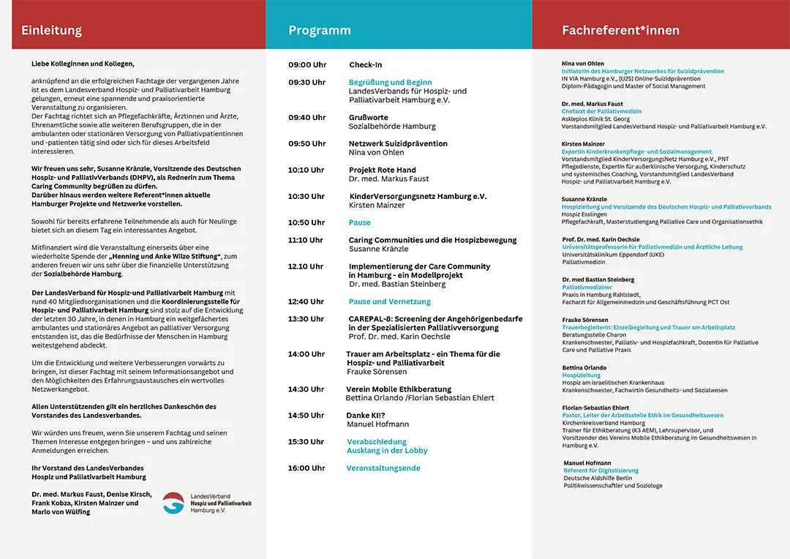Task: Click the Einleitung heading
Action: pyautogui.click(x=51, y=31)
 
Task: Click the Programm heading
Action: pyautogui.click(x=320, y=31)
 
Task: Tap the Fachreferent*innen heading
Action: pyautogui.click(x=620, y=31)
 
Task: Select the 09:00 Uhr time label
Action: pyautogui.click(x=306, y=65)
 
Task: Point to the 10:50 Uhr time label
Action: pyautogui.click(x=306, y=222)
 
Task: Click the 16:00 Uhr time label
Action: pyautogui.click(x=306, y=468)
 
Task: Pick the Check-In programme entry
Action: pyautogui.click(x=366, y=65)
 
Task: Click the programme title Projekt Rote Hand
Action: pyautogui.click(x=383, y=170)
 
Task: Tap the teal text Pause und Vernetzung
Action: pyautogui.click(x=390, y=301)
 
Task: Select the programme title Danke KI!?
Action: pyautogui.click(x=366, y=416)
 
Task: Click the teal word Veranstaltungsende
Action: pyautogui.click(x=383, y=468)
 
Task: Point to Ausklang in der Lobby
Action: pyautogui.click(x=387, y=451)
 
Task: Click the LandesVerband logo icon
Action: pyautogui.click(x=173, y=503)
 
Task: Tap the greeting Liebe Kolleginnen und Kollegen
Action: pyautogui.click(x=83, y=64)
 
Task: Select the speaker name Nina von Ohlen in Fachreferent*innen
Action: pyautogui.click(x=583, y=64)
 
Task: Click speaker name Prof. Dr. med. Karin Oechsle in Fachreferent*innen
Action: pyautogui.click(x=601, y=239)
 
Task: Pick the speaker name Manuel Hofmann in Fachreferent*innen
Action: pyautogui.click(x=587, y=463)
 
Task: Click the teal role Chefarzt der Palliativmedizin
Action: pyautogui.click(x=601, y=112)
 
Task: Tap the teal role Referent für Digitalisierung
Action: pyautogui.click(x=601, y=470)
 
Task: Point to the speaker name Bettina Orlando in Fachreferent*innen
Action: pyautogui.click(x=584, y=367)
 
